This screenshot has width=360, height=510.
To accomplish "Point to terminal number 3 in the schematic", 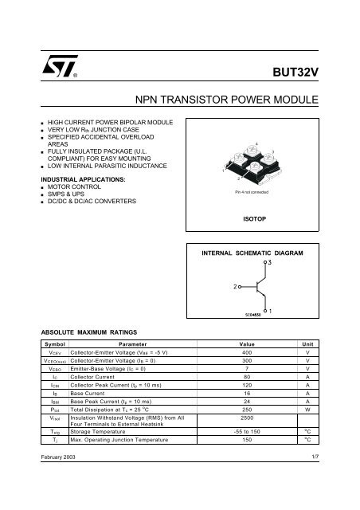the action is [269, 261].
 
